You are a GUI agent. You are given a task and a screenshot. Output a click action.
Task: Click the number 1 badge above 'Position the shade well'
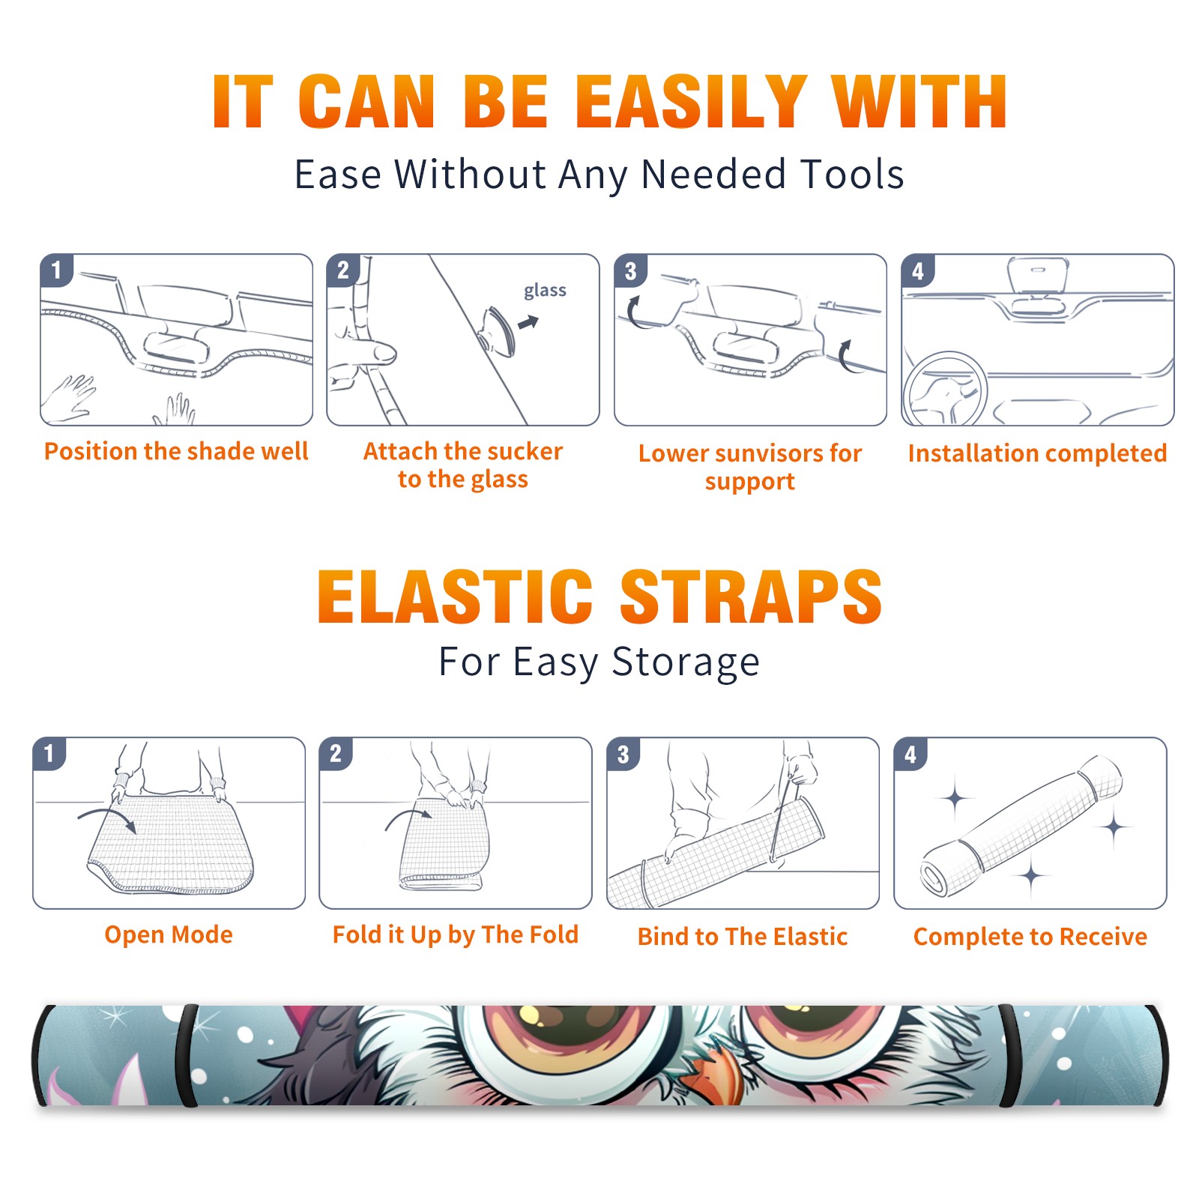pyautogui.click(x=56, y=270)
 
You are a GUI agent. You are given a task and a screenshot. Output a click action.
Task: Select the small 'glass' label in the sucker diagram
pyautogui.click(x=545, y=291)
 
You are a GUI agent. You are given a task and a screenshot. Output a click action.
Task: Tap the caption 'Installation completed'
pyautogui.click(x=1037, y=453)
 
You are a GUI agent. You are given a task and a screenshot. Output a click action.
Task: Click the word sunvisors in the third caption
pyautogui.click(x=758, y=453)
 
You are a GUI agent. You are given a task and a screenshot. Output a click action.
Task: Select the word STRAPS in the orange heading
pyautogui.click(x=751, y=597)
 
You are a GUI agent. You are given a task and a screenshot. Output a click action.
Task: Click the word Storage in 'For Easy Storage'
pyautogui.click(x=686, y=662)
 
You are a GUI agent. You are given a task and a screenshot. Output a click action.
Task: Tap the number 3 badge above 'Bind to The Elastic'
pyautogui.click(x=623, y=754)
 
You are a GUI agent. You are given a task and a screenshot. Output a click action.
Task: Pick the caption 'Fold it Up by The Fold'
pyautogui.click(x=456, y=935)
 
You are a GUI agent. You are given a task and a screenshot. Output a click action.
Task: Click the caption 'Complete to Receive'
pyautogui.click(x=1030, y=937)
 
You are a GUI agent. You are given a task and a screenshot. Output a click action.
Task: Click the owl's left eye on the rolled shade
pyautogui.click(x=570, y=1038)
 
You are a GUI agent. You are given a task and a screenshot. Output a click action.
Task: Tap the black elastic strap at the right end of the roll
pyautogui.click(x=1009, y=1055)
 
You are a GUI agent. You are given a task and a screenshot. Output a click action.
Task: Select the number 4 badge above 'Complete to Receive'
pyautogui.click(x=910, y=754)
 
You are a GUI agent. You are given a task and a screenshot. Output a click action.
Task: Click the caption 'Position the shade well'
pyautogui.click(x=176, y=451)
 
